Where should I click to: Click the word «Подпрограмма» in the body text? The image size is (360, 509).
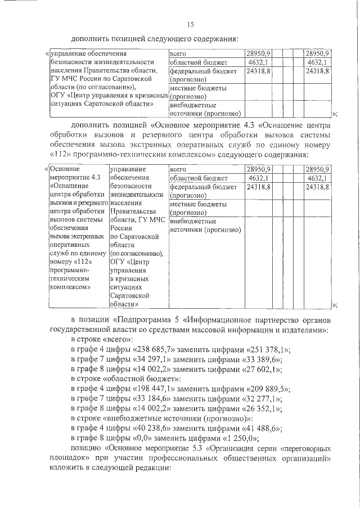(139, 320)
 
